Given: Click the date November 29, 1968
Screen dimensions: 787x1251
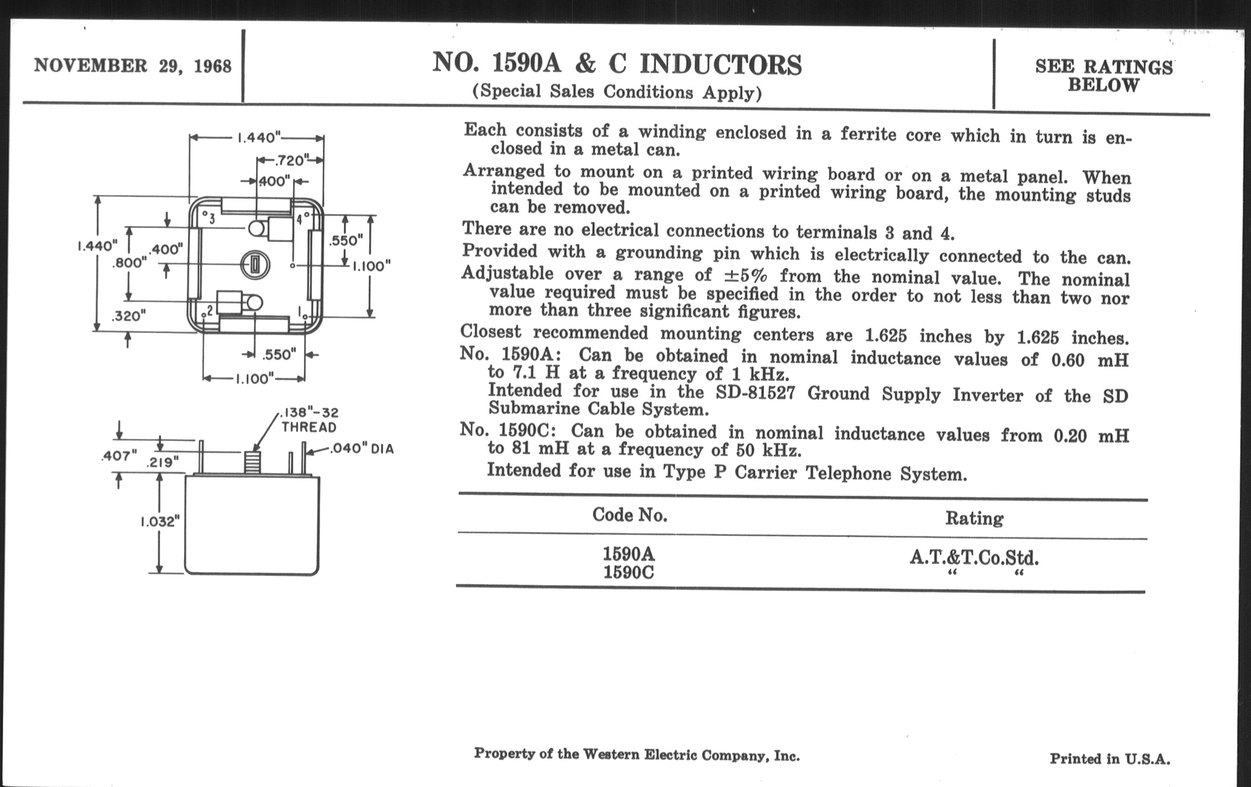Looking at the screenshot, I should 133,66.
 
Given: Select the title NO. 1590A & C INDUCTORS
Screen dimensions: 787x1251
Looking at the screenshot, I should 617,64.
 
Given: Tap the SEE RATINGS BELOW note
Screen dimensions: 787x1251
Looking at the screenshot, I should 1103,76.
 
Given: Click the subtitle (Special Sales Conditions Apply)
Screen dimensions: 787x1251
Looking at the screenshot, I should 617,92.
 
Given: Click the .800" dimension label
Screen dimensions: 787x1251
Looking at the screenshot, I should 129,263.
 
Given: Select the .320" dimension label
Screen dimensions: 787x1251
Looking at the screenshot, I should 129,315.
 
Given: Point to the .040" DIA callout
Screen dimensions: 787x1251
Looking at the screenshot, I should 362,449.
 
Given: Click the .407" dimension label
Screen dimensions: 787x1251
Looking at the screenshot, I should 119,456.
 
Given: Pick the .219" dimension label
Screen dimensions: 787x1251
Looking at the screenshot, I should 162,462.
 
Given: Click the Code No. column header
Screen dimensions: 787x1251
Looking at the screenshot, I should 630,515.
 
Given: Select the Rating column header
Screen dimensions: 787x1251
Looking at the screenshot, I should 974,518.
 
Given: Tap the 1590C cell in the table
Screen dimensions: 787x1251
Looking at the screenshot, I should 629,573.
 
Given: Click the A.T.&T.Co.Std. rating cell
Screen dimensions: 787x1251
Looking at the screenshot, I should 974,558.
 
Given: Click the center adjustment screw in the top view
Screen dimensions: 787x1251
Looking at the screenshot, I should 254,265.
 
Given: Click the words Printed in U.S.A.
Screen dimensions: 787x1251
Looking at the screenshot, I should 1110,759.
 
